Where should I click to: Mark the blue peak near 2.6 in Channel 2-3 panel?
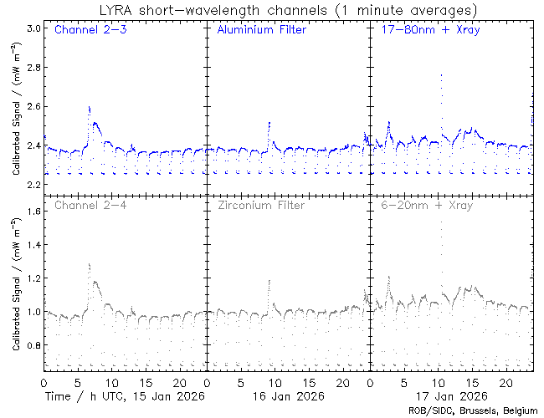(x=89, y=107)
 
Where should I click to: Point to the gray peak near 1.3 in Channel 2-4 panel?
(x=89, y=264)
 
